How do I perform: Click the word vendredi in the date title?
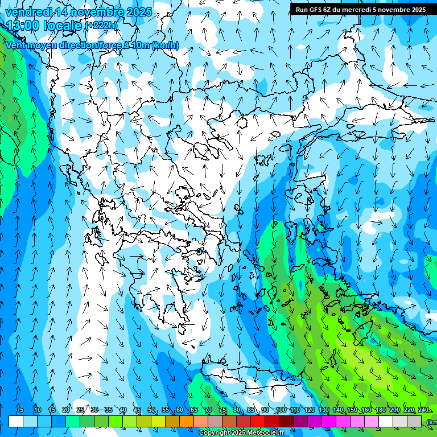coord(27,12)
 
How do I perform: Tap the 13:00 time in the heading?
coord(23,26)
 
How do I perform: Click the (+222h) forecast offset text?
coord(102,26)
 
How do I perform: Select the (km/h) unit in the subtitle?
coord(166,46)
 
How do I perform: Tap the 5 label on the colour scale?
coord(22,410)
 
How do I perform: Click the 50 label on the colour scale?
coord(151,410)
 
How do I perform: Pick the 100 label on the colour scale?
coord(281,410)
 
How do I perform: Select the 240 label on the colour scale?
coord(423,410)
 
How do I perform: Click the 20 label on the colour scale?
coord(66,410)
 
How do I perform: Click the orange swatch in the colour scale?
coord(187,421)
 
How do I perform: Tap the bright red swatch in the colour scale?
coord(258,421)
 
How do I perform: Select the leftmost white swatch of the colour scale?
coord(16,421)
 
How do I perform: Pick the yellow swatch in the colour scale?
coord(158,421)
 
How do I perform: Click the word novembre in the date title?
coord(96,12)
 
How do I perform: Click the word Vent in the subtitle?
coord(15,46)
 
